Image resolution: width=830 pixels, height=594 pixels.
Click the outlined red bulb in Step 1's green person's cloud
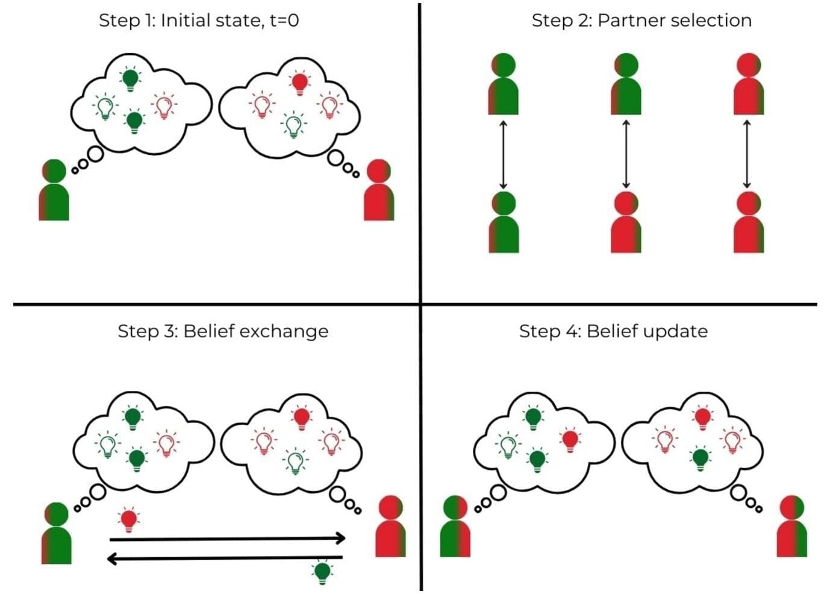pyautogui.click(x=163, y=105)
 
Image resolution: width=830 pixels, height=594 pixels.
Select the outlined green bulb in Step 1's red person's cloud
pyautogui.click(x=294, y=125)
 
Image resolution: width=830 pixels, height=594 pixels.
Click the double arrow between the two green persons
pyautogui.click(x=504, y=154)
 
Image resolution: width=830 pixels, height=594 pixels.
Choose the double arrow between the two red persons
pyautogui.click(x=747, y=154)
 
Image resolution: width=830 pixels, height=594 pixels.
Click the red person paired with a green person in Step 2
pyautogui.click(x=626, y=223)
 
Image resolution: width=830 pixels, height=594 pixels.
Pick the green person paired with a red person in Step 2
pyautogui.click(x=626, y=84)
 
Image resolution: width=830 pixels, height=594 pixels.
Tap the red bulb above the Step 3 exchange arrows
pyautogui.click(x=128, y=519)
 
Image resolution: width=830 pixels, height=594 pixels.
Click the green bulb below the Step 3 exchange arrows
pyautogui.click(x=322, y=571)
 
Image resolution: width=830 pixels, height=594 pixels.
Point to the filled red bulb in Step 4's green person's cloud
pyautogui.click(x=570, y=440)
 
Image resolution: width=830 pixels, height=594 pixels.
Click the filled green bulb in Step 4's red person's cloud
pyautogui.click(x=700, y=458)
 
